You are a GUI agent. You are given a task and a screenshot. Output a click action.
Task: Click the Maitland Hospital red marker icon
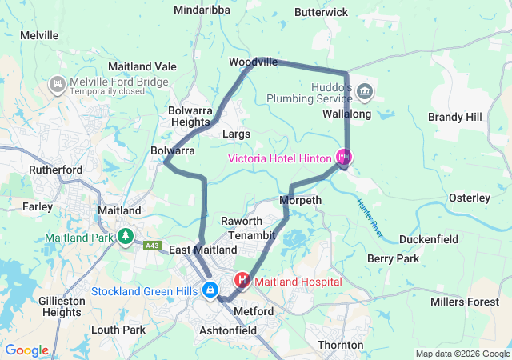click(x=242, y=282)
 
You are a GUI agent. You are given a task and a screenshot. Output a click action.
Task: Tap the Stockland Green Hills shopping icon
click(x=210, y=290)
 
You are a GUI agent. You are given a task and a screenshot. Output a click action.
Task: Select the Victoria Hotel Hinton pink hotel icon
click(x=344, y=158)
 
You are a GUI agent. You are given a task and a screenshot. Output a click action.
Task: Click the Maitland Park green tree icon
click(x=125, y=238)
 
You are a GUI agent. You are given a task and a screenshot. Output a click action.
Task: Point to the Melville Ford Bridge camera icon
click(x=58, y=82)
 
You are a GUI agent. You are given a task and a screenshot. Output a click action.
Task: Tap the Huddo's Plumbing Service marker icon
click(x=365, y=92)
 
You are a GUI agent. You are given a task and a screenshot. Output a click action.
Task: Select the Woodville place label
click(x=253, y=62)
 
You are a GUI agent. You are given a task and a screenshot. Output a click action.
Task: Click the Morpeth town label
click(x=301, y=200)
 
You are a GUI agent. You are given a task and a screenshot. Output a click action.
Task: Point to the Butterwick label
click(x=321, y=12)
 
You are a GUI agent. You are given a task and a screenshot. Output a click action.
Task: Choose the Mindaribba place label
click(x=202, y=10)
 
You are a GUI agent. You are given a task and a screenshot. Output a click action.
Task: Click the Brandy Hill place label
click(x=454, y=117)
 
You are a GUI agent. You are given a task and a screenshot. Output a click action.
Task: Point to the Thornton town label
click(x=341, y=345)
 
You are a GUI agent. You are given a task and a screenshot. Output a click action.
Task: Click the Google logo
click(x=27, y=350)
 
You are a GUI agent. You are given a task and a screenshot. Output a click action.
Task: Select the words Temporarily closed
click(x=108, y=91)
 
